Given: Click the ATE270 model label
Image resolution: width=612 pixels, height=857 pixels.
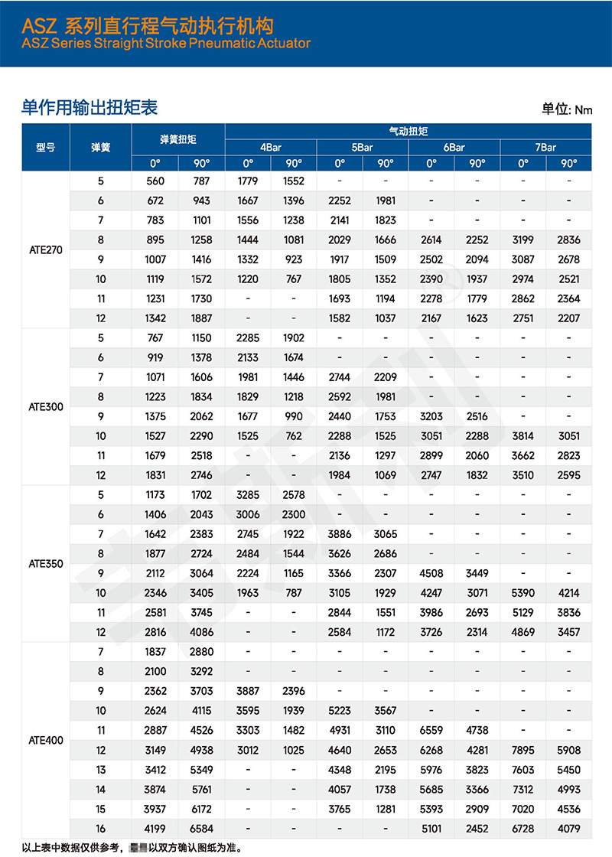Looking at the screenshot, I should (46, 250).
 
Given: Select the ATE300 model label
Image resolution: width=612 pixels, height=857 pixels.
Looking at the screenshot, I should (46, 406).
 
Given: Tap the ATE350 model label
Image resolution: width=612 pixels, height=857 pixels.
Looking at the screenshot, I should (46, 563).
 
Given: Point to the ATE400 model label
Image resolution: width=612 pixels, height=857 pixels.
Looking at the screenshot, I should (46, 740).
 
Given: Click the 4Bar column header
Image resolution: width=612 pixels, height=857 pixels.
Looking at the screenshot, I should (270, 147).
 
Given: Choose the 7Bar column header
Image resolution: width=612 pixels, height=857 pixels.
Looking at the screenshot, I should (545, 147).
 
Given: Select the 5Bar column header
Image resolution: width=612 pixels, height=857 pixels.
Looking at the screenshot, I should (362, 147).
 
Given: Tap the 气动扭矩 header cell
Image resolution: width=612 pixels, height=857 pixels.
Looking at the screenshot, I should (408, 132).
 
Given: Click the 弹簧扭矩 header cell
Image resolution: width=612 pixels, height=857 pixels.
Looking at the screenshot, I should (178, 139).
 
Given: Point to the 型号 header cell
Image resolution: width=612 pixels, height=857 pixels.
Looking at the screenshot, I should (46, 147).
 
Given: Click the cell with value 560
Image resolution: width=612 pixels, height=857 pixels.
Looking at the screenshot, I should (155, 181).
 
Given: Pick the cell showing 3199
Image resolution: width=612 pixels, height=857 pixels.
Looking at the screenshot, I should (522, 240).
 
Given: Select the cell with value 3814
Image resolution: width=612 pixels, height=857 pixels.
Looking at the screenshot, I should (522, 436).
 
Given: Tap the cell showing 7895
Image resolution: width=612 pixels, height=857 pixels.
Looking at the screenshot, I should (522, 750).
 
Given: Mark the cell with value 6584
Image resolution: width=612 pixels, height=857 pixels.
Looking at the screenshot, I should (202, 828).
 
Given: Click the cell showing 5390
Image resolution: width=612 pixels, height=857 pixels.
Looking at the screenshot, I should (522, 592).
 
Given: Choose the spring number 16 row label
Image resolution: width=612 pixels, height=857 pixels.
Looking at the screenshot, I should (100, 828).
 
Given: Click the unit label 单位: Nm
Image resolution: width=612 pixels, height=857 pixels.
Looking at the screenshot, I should (567, 109).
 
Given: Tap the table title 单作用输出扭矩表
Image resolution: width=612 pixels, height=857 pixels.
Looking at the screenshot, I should (90, 107).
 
